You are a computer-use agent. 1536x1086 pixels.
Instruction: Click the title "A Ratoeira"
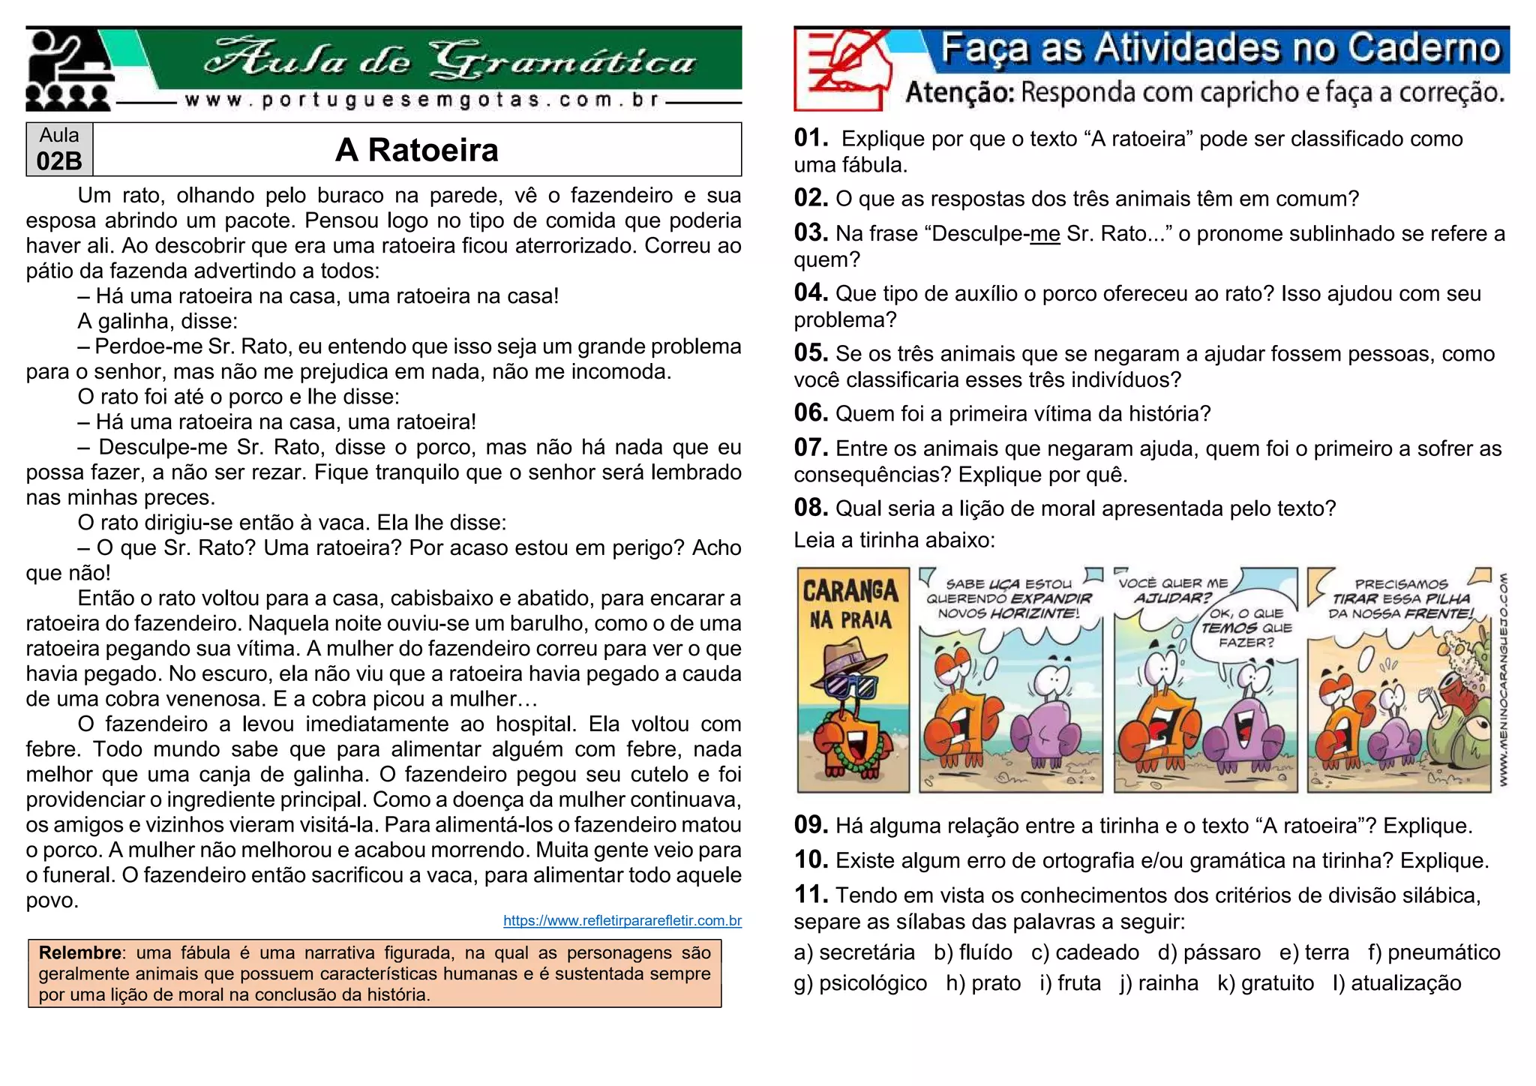[x=416, y=150]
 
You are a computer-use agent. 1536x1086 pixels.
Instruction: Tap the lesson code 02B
[x=58, y=160]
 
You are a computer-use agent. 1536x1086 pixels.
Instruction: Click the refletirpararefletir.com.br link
[x=622, y=920]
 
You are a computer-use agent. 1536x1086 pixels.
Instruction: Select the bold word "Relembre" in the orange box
[x=80, y=952]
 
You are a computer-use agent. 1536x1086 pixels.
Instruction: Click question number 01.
[x=810, y=138]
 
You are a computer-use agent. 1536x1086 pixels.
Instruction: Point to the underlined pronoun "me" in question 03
[x=1045, y=234]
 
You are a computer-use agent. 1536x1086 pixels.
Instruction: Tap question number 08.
[x=810, y=508]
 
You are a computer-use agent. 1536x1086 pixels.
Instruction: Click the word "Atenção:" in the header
[x=959, y=93]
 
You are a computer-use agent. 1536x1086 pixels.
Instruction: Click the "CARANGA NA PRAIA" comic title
[x=851, y=604]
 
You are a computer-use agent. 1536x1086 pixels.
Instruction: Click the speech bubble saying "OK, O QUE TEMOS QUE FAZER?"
[x=1246, y=628]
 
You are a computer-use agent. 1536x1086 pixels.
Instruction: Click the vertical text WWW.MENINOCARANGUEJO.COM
[x=1503, y=679]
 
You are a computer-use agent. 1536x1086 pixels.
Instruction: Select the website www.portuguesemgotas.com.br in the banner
[x=421, y=100]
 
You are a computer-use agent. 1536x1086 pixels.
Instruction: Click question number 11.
[x=810, y=895]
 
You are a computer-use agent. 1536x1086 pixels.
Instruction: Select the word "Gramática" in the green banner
[x=562, y=59]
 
